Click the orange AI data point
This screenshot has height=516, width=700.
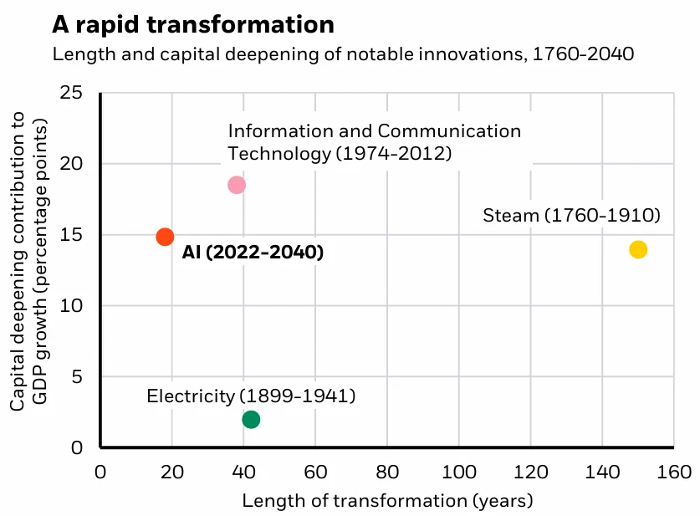pyautogui.click(x=165, y=237)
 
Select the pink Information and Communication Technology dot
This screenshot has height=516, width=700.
pyautogui.click(x=237, y=185)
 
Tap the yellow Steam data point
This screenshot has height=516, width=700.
pyautogui.click(x=638, y=249)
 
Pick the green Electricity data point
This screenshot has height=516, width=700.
pyautogui.click(x=251, y=419)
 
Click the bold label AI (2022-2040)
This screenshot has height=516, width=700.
pyautogui.click(x=253, y=252)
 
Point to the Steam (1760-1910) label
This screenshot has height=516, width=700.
pyautogui.click(x=572, y=216)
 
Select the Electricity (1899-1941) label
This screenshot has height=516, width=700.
pyautogui.click(x=251, y=396)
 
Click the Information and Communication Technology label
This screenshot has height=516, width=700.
pyautogui.click(x=374, y=142)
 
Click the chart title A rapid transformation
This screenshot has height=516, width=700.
pyautogui.click(x=193, y=24)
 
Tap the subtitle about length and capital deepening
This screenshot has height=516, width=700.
pyautogui.click(x=343, y=55)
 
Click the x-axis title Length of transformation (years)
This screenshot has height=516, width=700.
pyautogui.click(x=387, y=501)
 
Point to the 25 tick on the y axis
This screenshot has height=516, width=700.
pyautogui.click(x=72, y=92)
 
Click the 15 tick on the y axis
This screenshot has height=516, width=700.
pyautogui.click(x=72, y=235)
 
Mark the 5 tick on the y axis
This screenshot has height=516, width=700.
pyautogui.click(x=77, y=377)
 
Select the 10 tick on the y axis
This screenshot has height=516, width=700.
pyautogui.click(x=72, y=306)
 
